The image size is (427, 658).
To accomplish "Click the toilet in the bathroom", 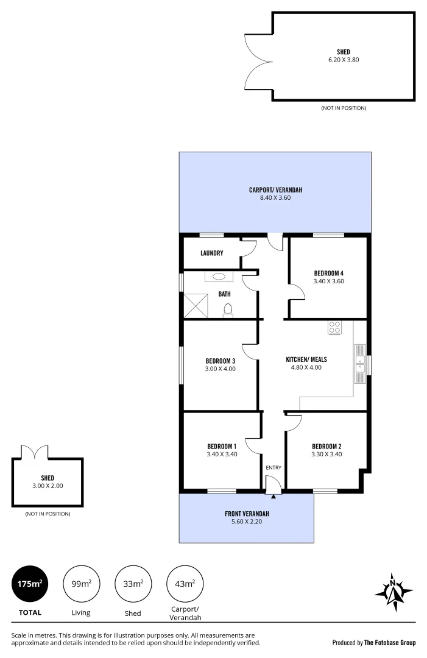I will click(228, 310).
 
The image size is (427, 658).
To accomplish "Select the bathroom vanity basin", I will click(218, 277).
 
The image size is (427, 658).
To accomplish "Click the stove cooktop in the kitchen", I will click(334, 327).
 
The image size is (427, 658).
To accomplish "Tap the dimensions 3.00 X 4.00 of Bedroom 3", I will click(221, 369).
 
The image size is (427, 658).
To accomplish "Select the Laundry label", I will click(211, 253).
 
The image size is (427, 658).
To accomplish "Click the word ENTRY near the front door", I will click(273, 467).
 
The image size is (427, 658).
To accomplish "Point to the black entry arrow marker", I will click(273, 497).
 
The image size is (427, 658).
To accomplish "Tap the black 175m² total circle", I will click(29, 584).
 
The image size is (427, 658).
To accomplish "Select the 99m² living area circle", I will click(81, 584).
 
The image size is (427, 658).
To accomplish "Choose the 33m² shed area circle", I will click(133, 584).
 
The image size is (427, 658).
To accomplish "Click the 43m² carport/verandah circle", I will click(185, 584).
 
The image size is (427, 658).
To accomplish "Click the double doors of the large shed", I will click(257, 60).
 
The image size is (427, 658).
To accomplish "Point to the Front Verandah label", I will click(247, 514).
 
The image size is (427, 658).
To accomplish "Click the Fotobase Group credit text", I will click(373, 642).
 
